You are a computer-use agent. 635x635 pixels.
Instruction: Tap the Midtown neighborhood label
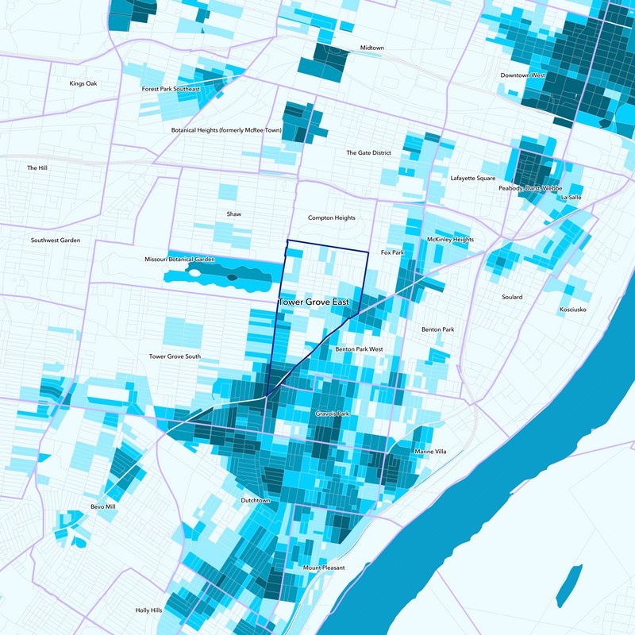(x=371, y=48)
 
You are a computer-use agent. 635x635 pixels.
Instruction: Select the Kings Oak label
(x=83, y=83)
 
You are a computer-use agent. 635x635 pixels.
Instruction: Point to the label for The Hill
(x=37, y=168)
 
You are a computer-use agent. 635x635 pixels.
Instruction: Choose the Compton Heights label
(x=332, y=217)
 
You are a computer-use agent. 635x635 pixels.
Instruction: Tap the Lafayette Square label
(x=472, y=179)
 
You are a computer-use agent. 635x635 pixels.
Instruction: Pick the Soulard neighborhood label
(x=512, y=297)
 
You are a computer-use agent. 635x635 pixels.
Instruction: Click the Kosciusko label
(x=572, y=310)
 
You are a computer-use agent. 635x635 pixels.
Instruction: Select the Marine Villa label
(x=430, y=452)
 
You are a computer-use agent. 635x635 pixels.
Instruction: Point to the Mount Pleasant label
(x=324, y=568)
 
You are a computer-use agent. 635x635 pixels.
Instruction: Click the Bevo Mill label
(x=102, y=506)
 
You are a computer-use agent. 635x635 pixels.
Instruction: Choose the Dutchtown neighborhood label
(x=256, y=501)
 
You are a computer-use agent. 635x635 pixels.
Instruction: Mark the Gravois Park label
(x=333, y=414)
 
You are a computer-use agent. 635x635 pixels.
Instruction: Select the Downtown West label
(x=522, y=75)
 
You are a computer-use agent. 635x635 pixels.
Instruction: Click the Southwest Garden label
(x=56, y=240)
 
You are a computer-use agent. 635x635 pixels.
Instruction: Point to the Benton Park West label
(x=359, y=349)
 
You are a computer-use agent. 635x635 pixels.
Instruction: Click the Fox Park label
(x=393, y=252)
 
